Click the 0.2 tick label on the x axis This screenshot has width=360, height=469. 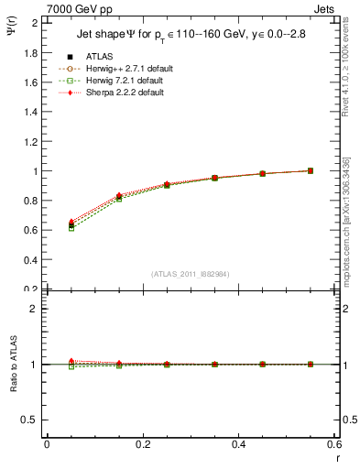(142, 444)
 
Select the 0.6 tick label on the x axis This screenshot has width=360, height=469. (334, 444)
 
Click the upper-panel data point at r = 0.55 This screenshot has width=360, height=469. (311, 170)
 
